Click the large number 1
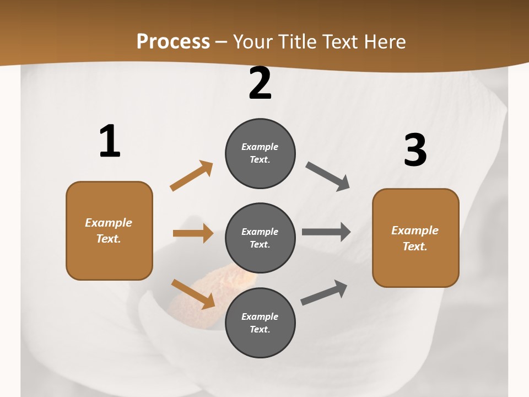[x=110, y=141]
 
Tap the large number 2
[x=260, y=84]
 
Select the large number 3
[x=415, y=150]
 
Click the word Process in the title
[x=173, y=41]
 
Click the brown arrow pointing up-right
[x=191, y=176]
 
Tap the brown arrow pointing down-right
[x=193, y=293]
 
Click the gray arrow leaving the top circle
[x=328, y=176]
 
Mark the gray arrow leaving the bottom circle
[x=324, y=292]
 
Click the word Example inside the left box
[x=109, y=223]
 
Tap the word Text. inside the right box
[x=415, y=246]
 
